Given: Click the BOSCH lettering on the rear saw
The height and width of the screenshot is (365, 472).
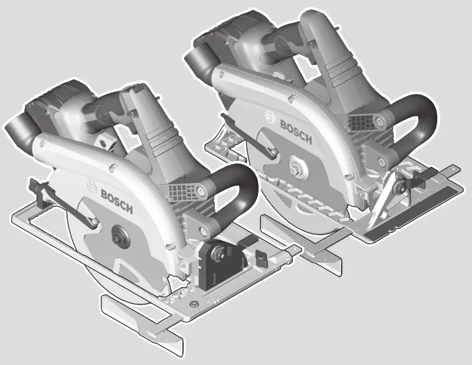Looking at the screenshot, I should pos(296,132).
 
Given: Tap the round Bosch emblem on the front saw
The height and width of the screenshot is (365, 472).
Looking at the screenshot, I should pos(91,185).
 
